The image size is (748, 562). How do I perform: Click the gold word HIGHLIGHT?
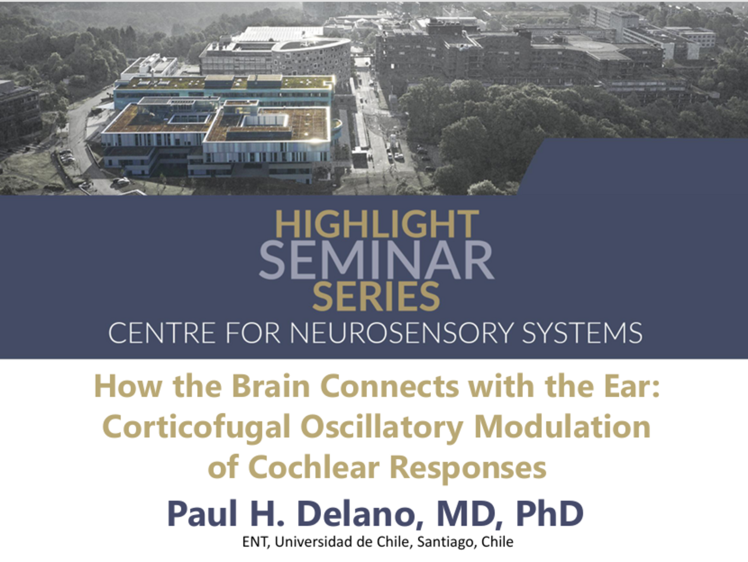(377, 224)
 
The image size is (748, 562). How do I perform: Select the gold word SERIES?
(376, 296)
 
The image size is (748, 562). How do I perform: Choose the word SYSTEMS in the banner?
(582, 333)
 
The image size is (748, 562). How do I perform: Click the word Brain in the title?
(271, 386)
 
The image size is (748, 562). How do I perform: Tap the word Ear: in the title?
(632, 386)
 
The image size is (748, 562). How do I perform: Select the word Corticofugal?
(196, 428)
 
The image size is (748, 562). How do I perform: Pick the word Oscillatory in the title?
(382, 428)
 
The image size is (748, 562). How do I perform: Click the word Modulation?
(562, 427)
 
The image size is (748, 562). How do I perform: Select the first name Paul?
(202, 513)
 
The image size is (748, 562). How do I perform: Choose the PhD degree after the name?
(550, 513)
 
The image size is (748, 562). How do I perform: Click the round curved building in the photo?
(311, 59)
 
